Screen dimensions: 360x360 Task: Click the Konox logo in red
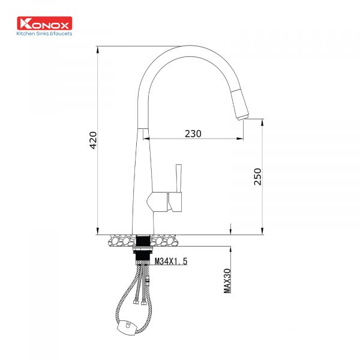point(44,23)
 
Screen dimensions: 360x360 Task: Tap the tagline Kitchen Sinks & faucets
point(44,34)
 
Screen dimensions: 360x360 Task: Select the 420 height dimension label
point(93,140)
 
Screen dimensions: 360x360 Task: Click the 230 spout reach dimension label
point(193,134)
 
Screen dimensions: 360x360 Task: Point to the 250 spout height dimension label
point(258,176)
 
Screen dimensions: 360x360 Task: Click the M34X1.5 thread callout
point(171,261)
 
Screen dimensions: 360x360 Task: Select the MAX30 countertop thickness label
point(227,281)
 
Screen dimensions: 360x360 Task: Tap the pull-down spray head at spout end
point(239,105)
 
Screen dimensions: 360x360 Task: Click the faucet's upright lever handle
point(179,178)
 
